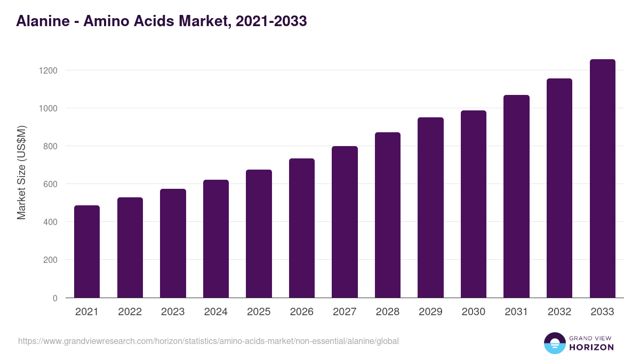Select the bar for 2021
pyautogui.click(x=87, y=252)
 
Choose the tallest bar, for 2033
pyautogui.click(x=602, y=179)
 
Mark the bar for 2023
pyautogui.click(x=173, y=243)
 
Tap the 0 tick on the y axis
pyautogui.click(x=55, y=298)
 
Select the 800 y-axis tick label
pyautogui.click(x=51, y=146)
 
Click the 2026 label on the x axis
pyautogui.click(x=302, y=312)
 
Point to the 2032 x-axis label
pyautogui.click(x=559, y=312)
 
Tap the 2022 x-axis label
pyautogui.click(x=130, y=312)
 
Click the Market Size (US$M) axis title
pyautogui.click(x=21, y=172)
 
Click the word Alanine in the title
pyautogui.click(x=42, y=21)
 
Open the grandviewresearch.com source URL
pyautogui.click(x=208, y=341)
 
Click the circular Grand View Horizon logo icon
pyautogui.click(x=555, y=343)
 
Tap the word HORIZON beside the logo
pyautogui.click(x=591, y=347)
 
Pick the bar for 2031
pyautogui.click(x=516, y=196)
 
